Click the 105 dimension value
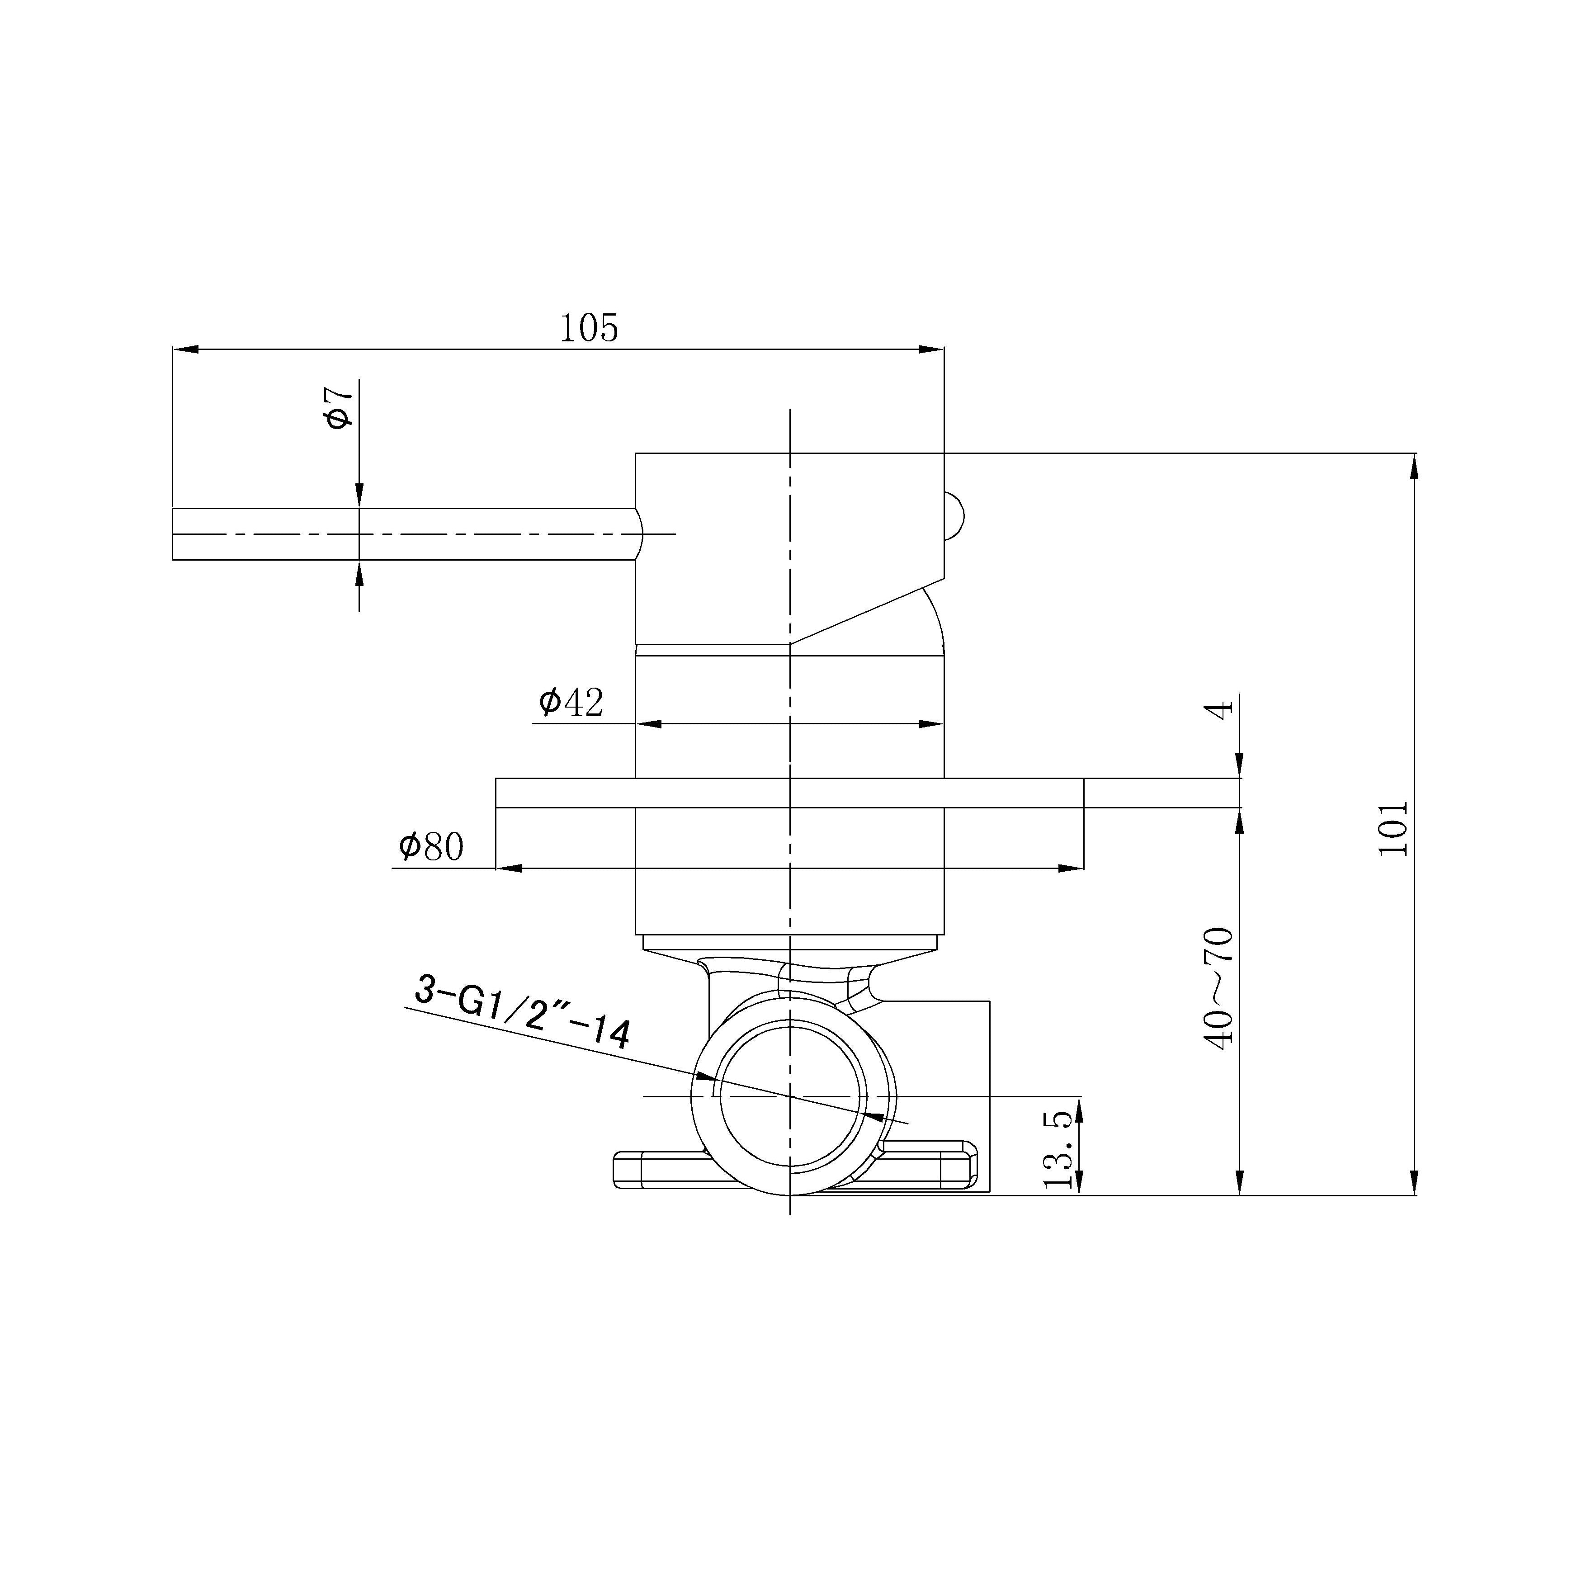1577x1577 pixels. click(589, 328)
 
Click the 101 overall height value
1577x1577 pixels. click(1393, 828)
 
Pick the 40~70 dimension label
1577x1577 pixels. click(1218, 988)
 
